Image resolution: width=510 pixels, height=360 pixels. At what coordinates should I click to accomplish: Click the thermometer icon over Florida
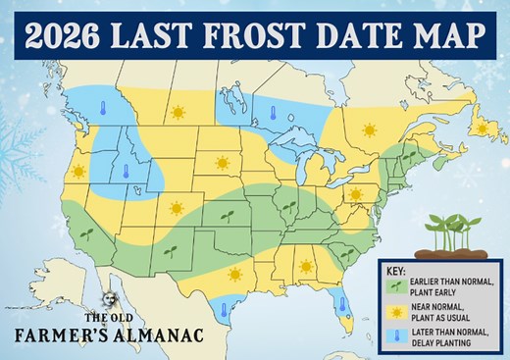(x=342, y=304)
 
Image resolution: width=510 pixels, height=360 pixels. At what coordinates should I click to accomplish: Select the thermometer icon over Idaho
(x=126, y=172)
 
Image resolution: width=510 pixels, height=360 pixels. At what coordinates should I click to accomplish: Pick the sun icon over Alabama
(x=305, y=265)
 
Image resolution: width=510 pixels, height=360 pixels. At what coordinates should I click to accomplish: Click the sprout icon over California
(x=87, y=232)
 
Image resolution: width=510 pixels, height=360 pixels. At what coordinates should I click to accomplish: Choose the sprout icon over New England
(x=409, y=156)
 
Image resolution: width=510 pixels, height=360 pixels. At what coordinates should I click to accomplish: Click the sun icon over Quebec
(x=370, y=129)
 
